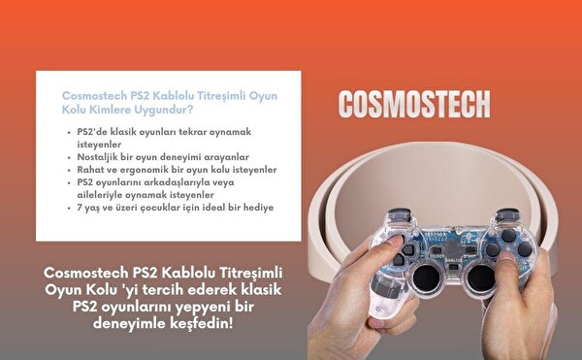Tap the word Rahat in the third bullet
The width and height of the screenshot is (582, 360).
[92, 169]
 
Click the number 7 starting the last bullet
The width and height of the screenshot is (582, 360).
[81, 207]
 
